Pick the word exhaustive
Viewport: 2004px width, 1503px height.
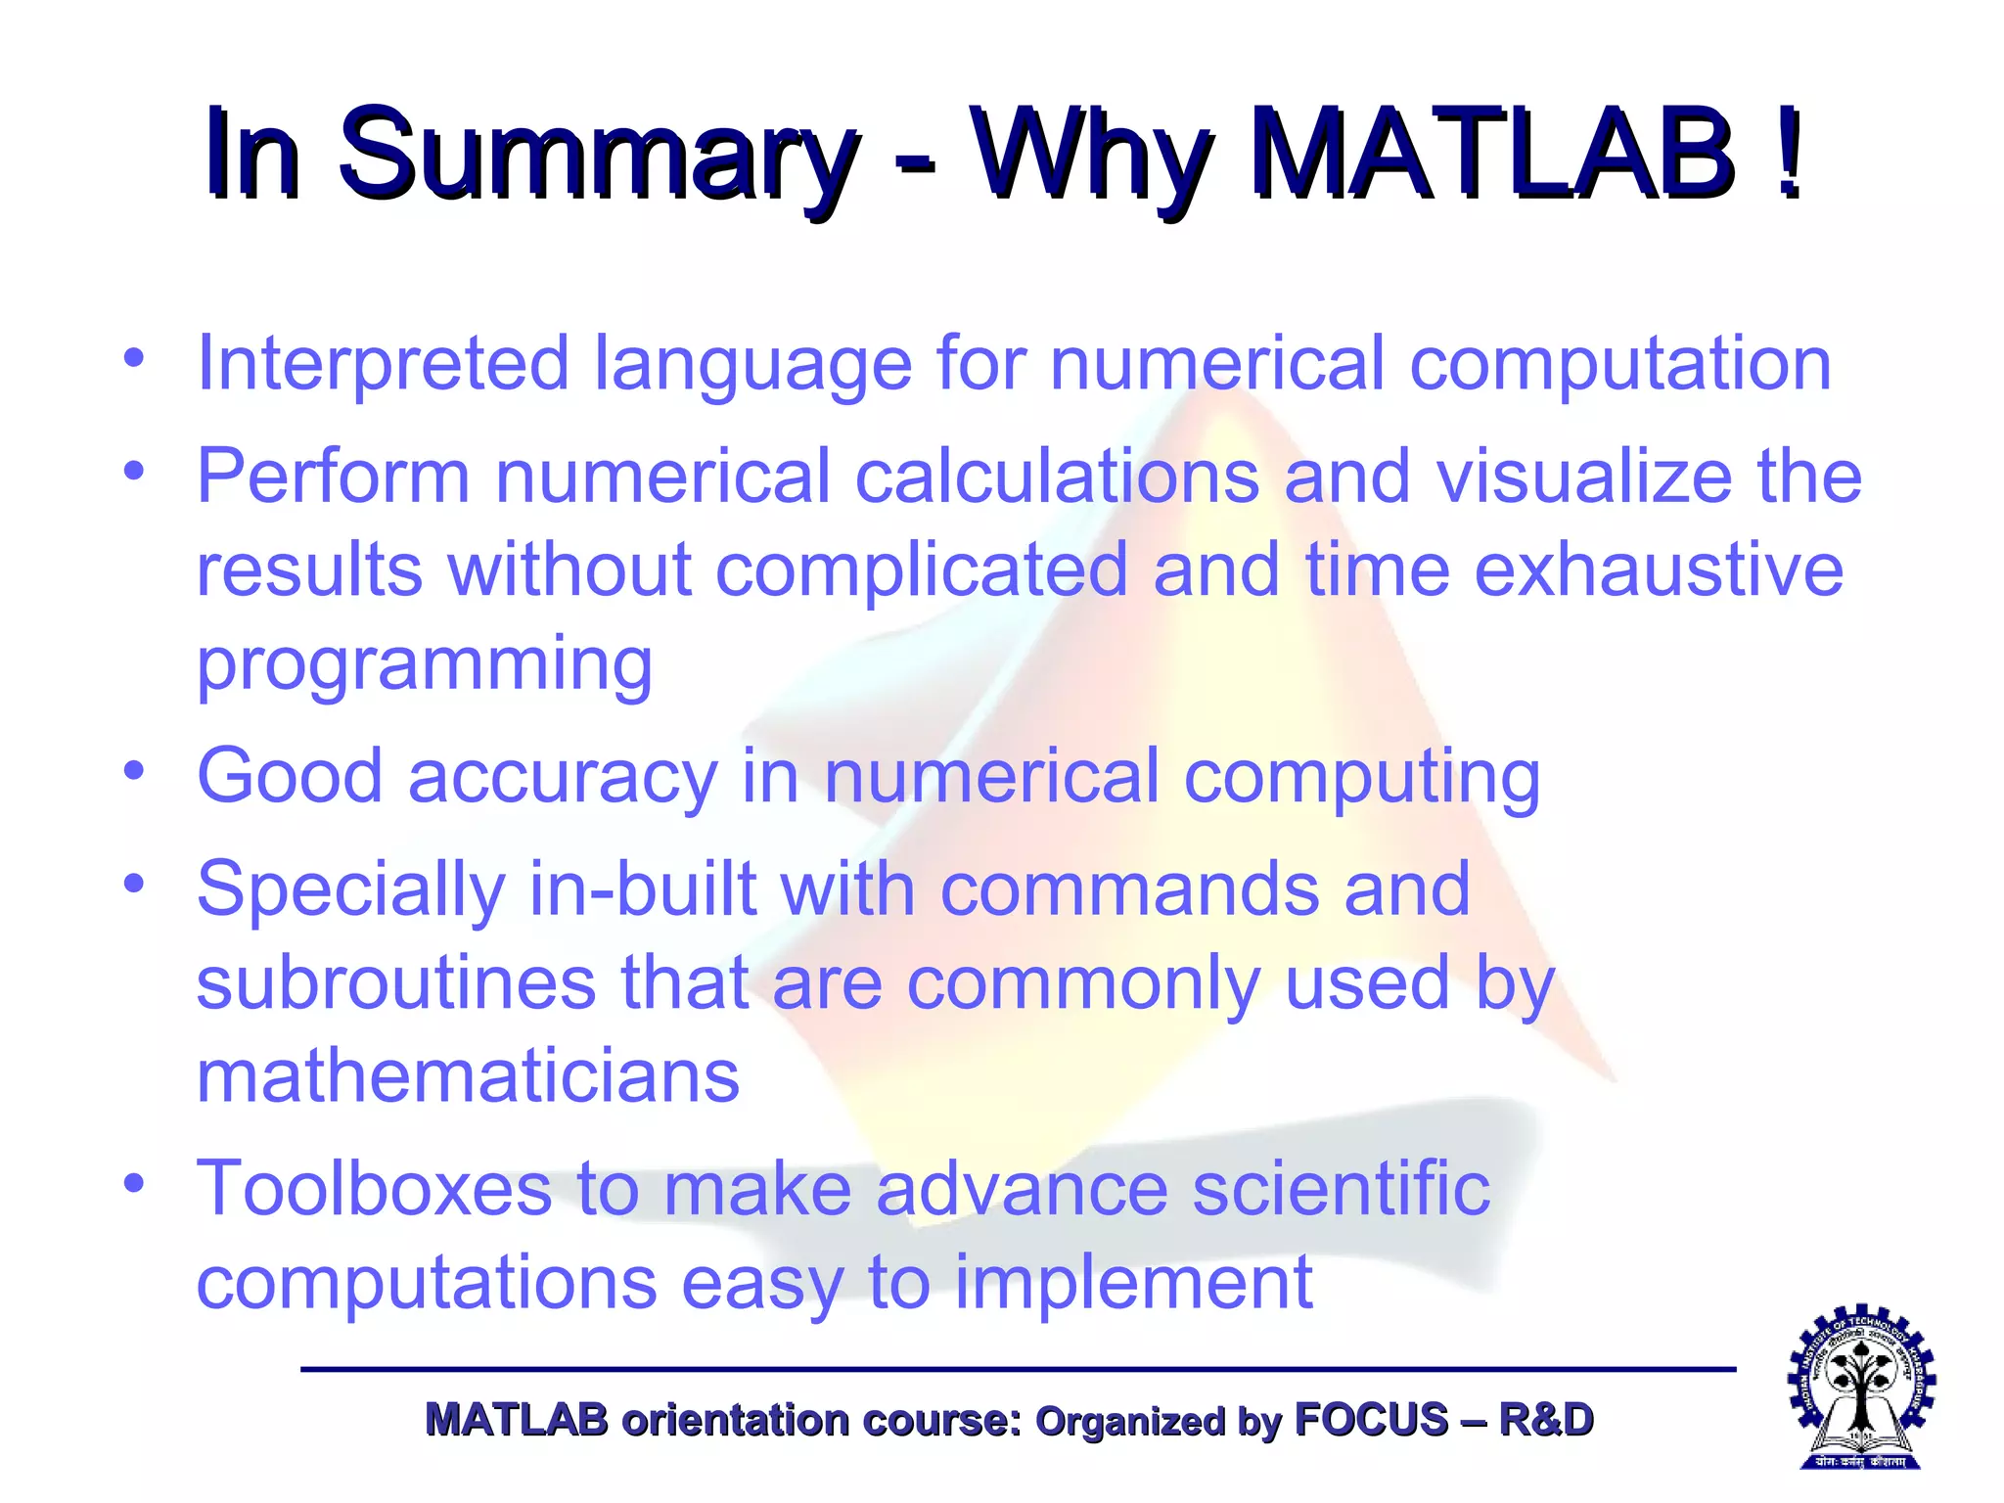[1659, 569]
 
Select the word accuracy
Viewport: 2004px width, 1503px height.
[563, 777]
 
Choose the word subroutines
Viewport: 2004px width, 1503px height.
[395, 982]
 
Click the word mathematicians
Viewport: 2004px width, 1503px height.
[468, 1076]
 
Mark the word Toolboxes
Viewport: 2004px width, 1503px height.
[374, 1189]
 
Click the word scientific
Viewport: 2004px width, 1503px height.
[1342, 1189]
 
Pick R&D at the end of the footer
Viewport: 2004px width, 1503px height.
[1545, 1420]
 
